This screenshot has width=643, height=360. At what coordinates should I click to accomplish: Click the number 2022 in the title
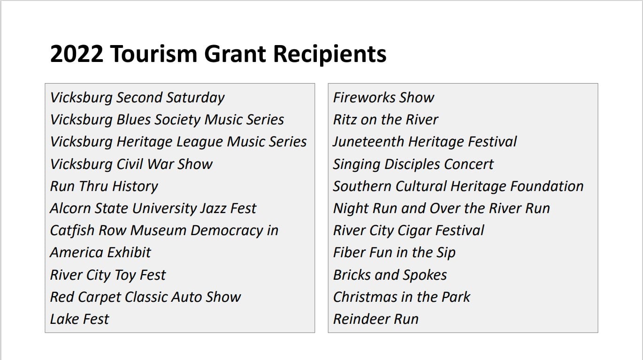(77, 54)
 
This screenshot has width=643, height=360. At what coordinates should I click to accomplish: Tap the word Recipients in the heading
(330, 54)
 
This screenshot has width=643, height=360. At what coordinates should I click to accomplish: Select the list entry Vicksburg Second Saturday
(137, 98)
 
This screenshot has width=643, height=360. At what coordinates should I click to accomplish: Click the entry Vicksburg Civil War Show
(131, 164)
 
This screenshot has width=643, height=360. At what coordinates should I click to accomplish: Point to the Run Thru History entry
(104, 187)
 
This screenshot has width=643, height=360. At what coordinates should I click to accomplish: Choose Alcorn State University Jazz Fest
(153, 209)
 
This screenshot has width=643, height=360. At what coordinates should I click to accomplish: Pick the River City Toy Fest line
(108, 275)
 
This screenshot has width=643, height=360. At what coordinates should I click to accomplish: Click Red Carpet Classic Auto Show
(145, 297)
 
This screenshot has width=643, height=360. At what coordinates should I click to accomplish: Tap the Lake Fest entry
(79, 319)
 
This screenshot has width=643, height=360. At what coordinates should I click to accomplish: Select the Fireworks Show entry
(383, 98)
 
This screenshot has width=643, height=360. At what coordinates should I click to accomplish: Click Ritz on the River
(385, 120)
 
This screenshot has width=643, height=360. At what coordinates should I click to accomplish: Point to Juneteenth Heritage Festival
(425, 142)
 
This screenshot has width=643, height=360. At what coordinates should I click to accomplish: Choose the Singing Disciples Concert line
(413, 164)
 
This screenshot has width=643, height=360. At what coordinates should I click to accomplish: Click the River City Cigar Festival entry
(408, 231)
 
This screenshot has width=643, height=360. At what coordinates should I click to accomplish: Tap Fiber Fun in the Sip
(394, 253)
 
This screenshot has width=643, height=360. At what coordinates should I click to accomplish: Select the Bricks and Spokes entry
(390, 275)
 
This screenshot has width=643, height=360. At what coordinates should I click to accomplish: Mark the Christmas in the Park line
(402, 297)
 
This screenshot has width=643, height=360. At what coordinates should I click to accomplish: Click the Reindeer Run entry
(376, 319)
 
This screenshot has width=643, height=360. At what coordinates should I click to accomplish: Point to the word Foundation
(547, 186)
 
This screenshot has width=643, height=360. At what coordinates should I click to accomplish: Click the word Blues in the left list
(133, 120)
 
